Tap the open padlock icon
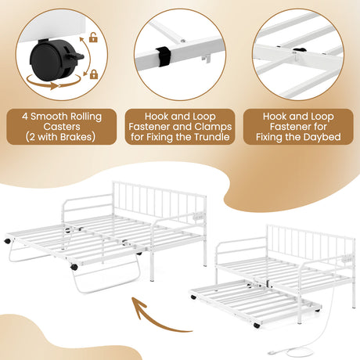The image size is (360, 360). [93, 38]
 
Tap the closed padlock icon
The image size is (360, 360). [94, 74]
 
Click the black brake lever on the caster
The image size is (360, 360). [77, 56]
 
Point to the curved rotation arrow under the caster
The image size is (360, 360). [53, 83]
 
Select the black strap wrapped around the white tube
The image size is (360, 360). [164, 56]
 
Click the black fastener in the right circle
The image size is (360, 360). [300, 50]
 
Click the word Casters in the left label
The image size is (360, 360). [62, 127]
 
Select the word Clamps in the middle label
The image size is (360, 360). [213, 127]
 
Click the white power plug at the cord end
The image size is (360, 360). [272, 352]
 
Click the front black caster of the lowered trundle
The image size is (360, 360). [257, 326]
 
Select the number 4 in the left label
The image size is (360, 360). [25, 117]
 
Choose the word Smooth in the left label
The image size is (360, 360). [46, 117]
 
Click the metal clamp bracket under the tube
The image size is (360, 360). [206, 59]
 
